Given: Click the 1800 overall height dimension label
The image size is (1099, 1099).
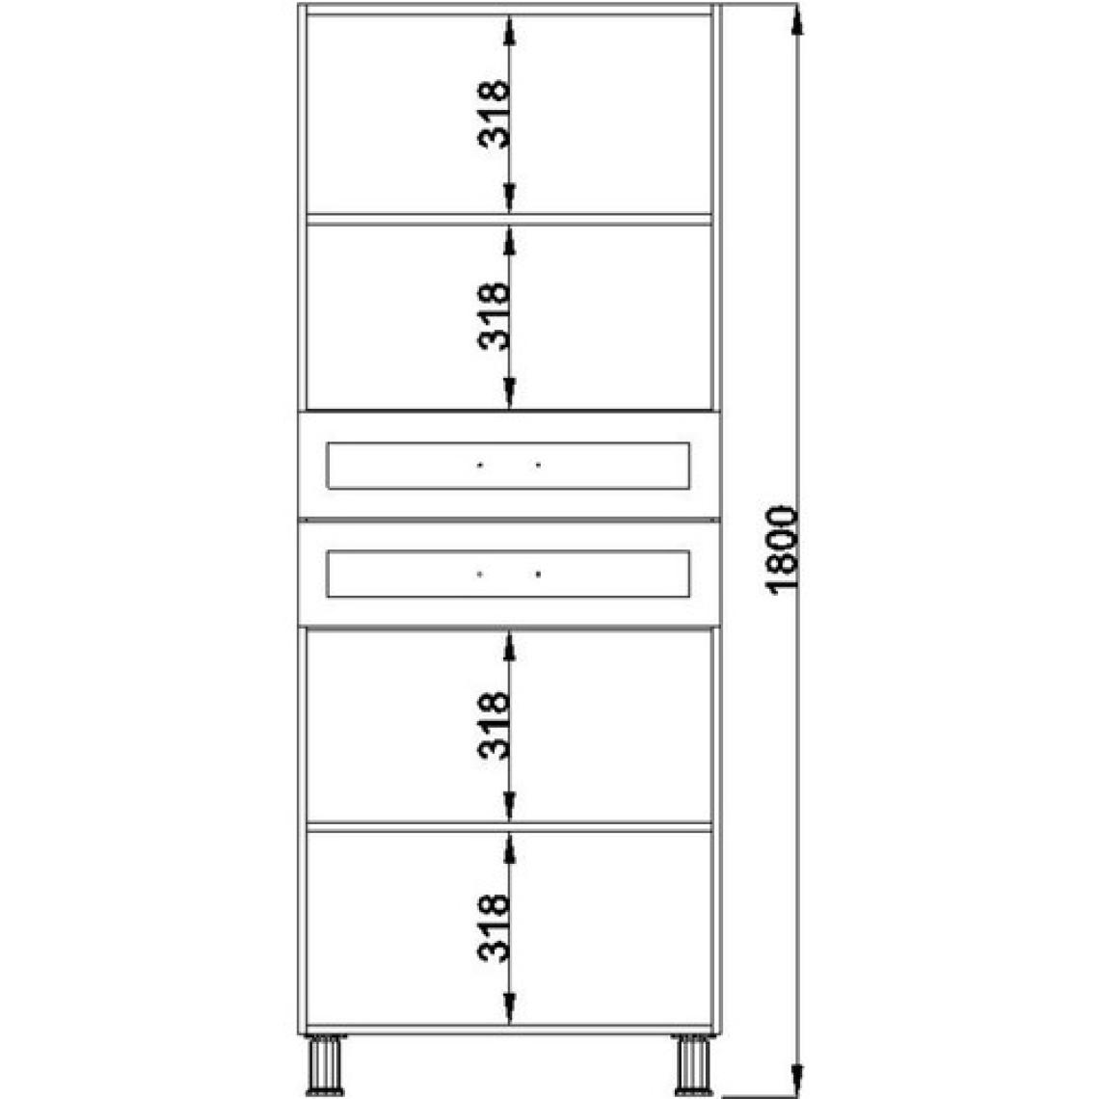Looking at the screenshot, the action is coord(783,550).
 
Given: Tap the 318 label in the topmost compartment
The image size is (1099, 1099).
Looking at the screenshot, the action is coord(494,115).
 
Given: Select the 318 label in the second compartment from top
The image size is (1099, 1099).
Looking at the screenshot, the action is coord(494,316).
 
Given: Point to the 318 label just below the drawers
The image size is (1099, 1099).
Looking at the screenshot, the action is coord(494,726).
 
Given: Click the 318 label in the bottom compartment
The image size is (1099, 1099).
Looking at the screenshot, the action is coord(494,927).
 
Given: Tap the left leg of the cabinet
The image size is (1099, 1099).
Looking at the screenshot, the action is coord(326,1064).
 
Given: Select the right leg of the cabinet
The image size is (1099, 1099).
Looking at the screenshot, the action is coord(693,1064).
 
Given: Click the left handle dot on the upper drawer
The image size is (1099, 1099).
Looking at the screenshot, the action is coord(480,465).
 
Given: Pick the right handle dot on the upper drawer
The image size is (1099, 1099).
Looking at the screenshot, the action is coord(538,465).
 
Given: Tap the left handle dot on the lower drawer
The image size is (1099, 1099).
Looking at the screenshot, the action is coord(480,574).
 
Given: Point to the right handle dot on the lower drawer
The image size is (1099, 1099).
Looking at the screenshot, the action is coord(538,574).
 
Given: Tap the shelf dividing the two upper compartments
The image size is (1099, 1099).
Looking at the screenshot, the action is coord(510,219).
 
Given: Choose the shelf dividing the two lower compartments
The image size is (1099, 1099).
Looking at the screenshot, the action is coord(510,827).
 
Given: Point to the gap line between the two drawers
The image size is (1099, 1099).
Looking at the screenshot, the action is coord(510,520).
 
